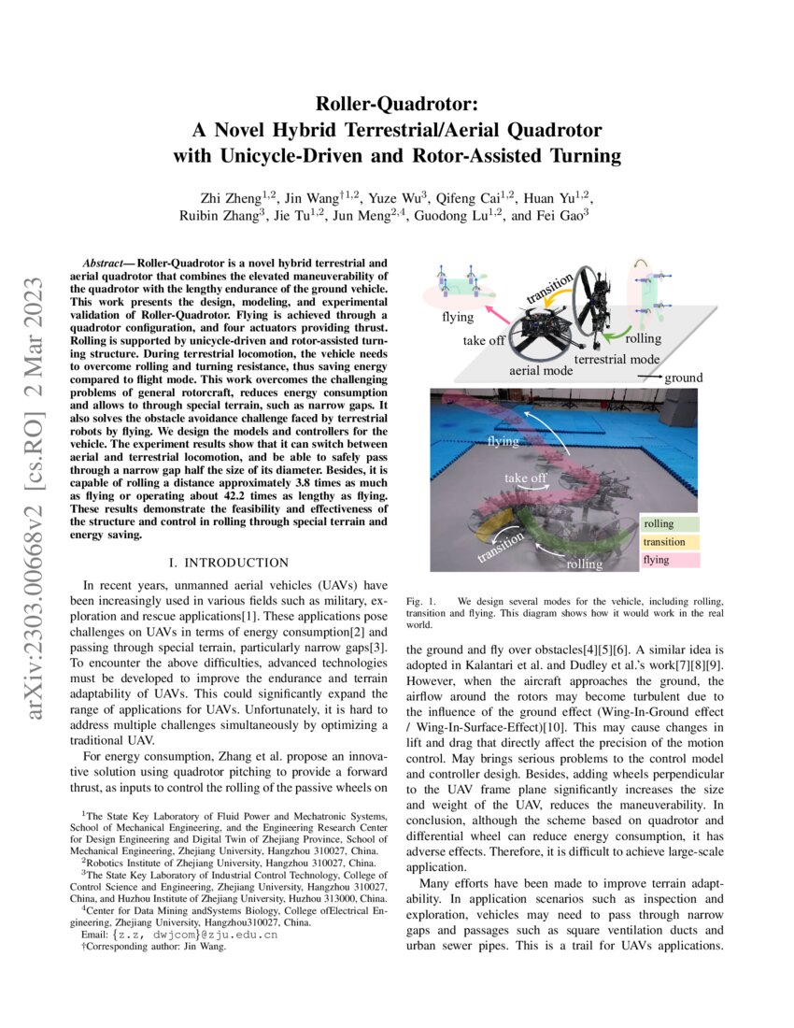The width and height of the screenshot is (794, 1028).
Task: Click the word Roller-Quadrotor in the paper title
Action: tap(397, 103)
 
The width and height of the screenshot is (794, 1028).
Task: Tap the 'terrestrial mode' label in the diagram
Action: tap(617, 359)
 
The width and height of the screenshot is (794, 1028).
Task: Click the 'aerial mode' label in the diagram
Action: tap(538, 371)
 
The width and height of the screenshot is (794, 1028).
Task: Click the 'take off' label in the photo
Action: tap(526, 478)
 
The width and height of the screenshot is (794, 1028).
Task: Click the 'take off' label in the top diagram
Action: tap(484, 341)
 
